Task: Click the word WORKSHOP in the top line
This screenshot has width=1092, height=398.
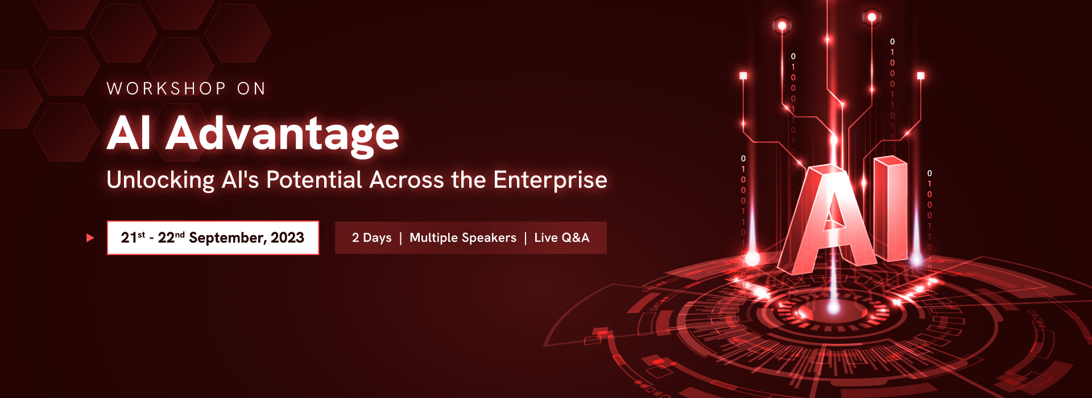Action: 166,89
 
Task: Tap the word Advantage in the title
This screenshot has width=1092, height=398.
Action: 282,134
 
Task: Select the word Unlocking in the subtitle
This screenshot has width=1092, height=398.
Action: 160,180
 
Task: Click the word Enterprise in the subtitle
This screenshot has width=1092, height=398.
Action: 550,180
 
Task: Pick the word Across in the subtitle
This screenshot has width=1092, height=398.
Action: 407,180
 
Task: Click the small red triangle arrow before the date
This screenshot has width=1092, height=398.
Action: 90,238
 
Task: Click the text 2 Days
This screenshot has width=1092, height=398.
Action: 372,238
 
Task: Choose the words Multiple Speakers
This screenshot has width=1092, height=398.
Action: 463,238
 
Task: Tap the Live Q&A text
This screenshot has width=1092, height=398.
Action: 561,238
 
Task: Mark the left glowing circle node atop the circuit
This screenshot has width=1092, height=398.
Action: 782,26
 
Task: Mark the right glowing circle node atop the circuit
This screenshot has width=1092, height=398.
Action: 871,18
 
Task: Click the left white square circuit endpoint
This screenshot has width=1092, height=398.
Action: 743,75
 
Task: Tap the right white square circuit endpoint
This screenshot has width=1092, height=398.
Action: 921,76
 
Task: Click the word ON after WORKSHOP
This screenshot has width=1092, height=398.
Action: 251,89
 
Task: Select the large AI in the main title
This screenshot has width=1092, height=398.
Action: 129,133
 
